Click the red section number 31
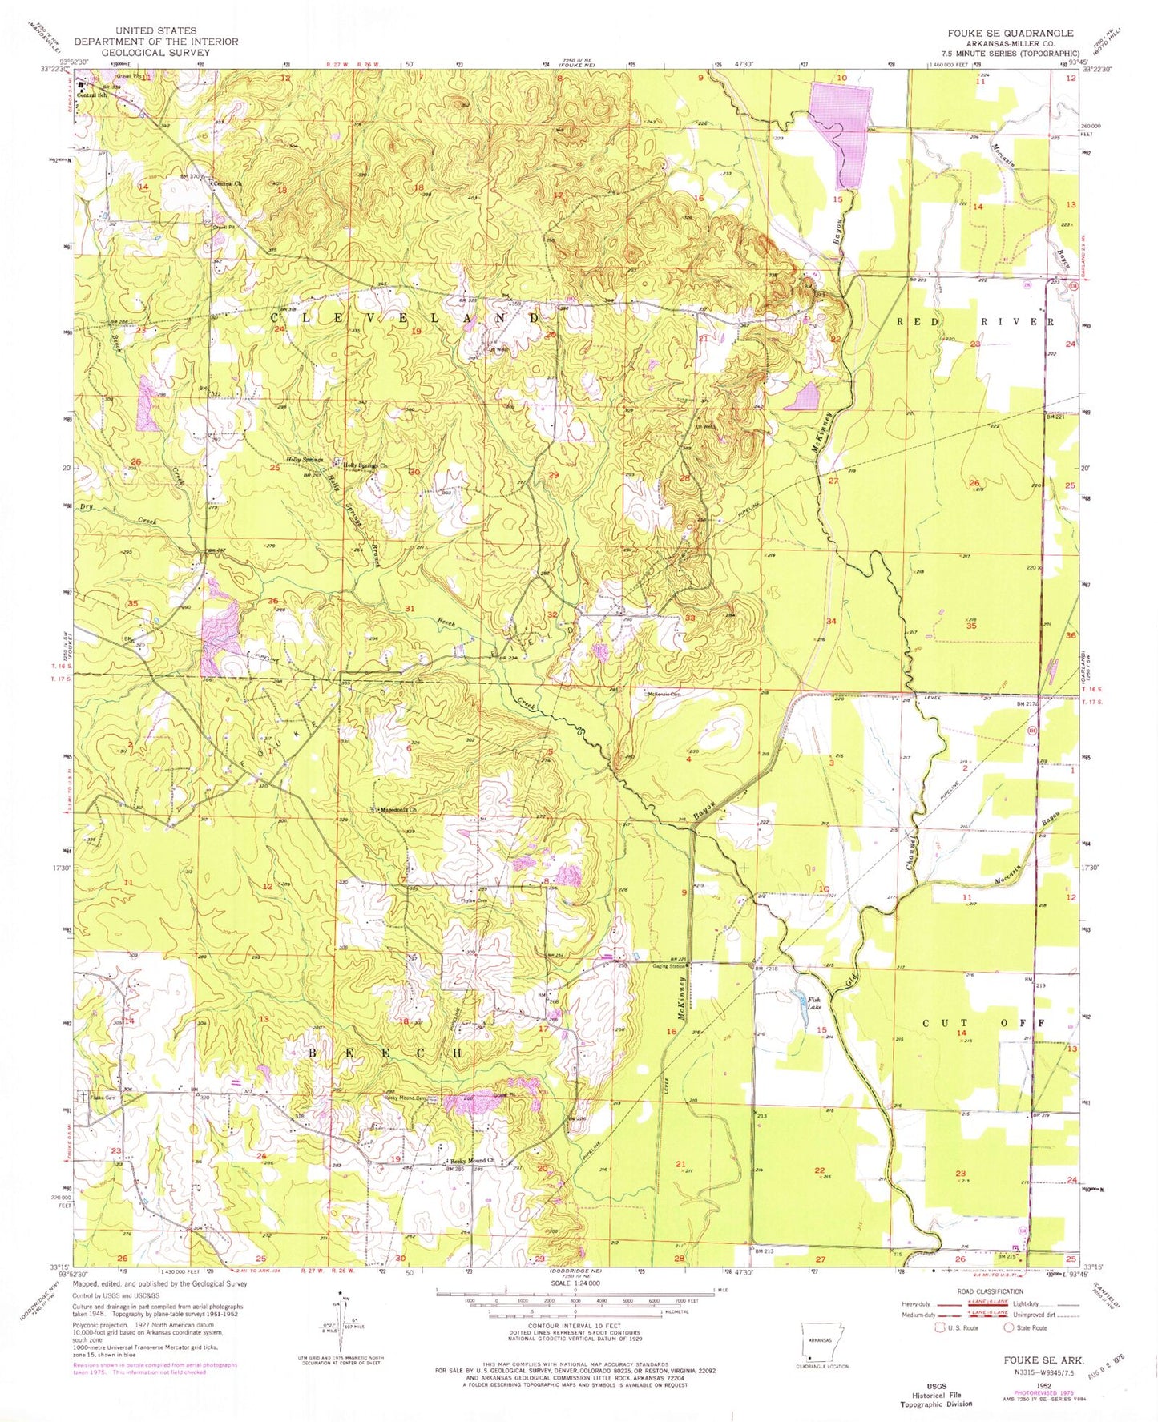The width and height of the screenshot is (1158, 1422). [410, 609]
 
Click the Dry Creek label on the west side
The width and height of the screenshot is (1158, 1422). [120, 514]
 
